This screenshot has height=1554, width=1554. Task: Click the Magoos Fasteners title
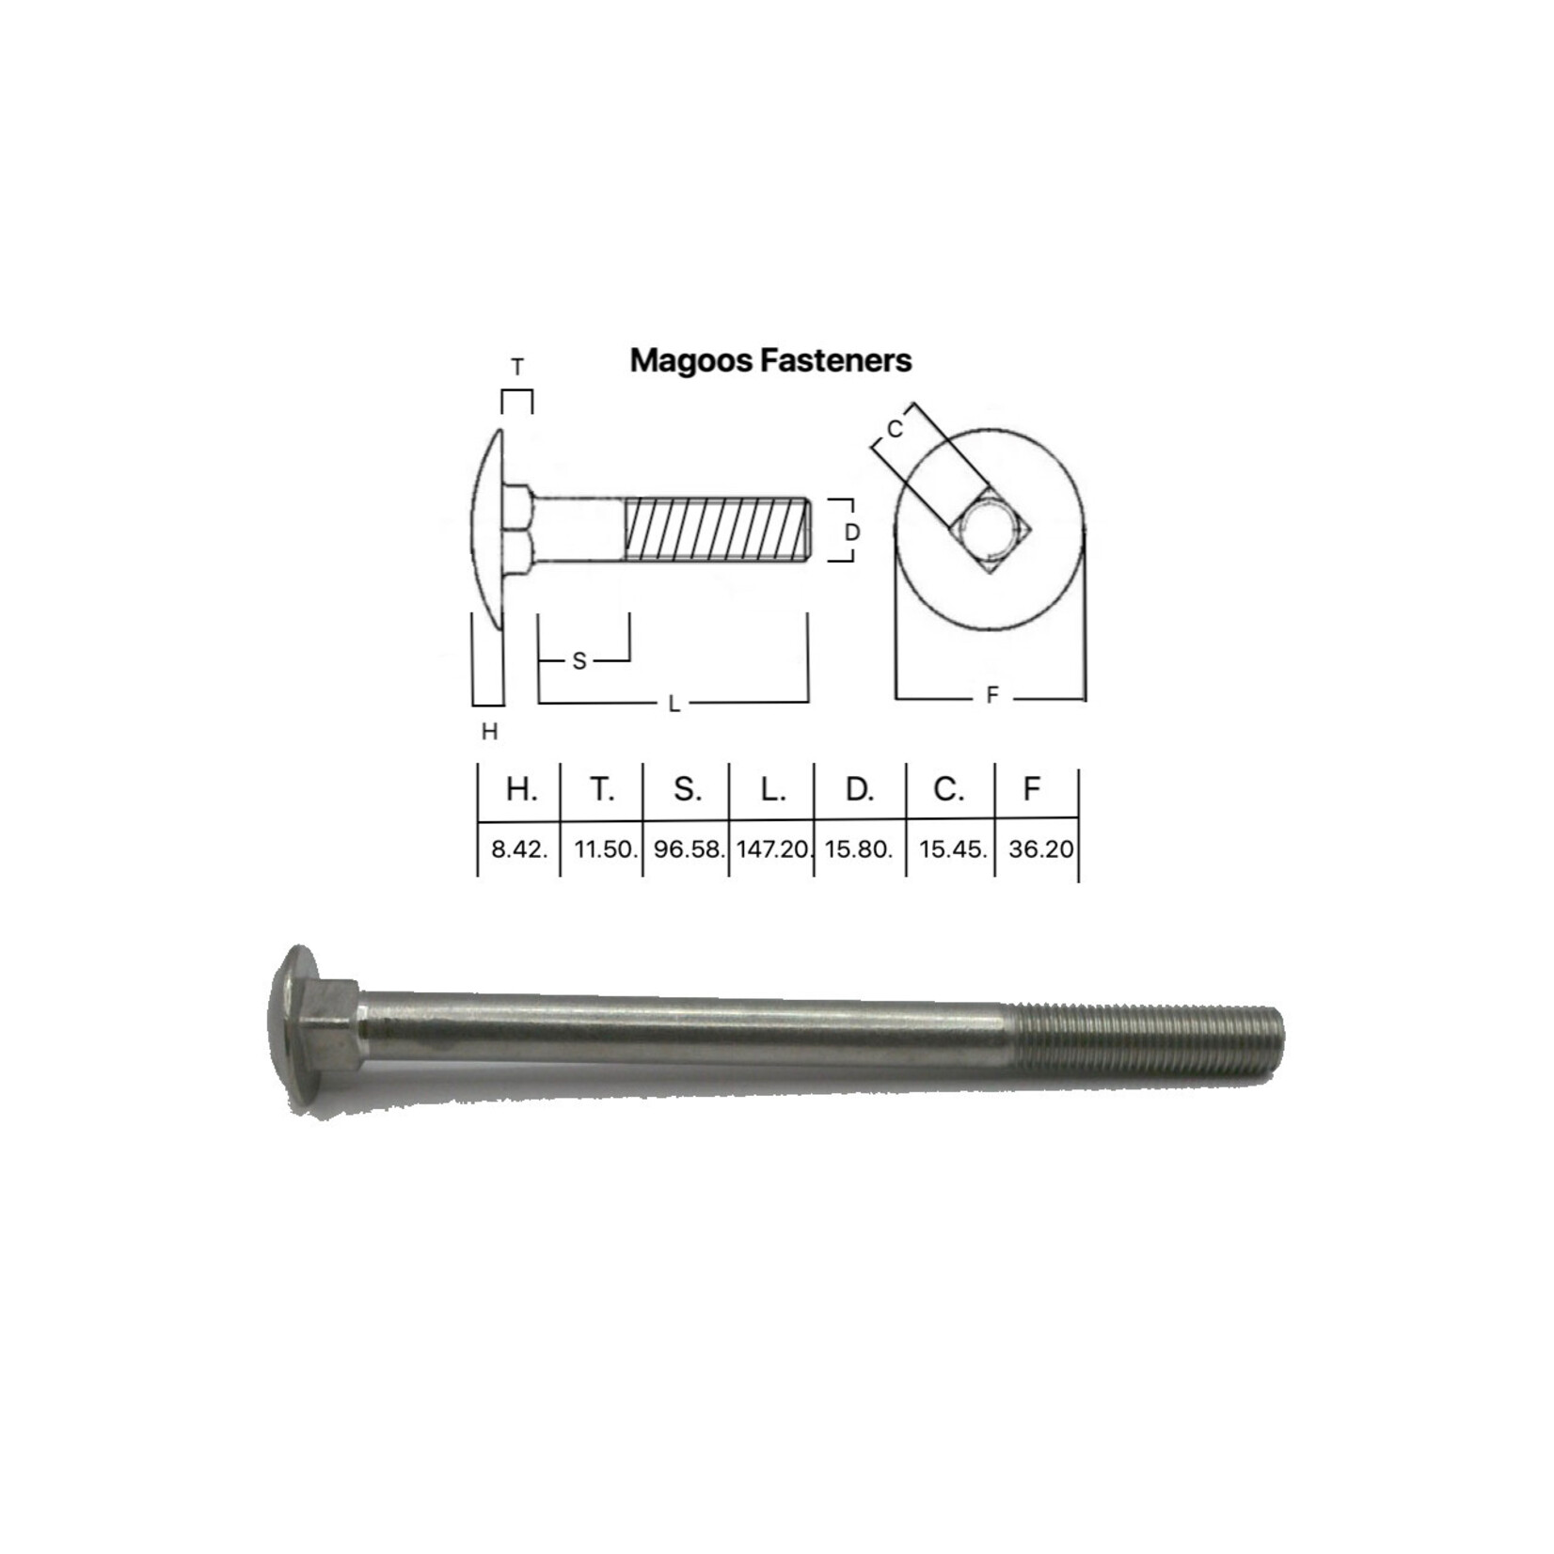tap(770, 361)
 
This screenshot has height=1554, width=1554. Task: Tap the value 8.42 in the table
tap(518, 849)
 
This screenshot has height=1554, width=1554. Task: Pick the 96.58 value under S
tap(689, 849)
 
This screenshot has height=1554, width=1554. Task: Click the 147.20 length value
tap(773, 849)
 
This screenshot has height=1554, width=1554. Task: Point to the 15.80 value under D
tap(858, 849)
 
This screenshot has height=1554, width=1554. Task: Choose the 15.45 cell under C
tap(952, 849)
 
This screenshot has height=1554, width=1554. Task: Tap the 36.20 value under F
tap(1039, 849)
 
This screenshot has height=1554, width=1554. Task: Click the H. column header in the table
tap(521, 790)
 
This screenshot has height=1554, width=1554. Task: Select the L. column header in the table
tap(772, 790)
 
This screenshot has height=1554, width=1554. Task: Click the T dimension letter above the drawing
tap(516, 368)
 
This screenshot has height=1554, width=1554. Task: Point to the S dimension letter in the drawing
tap(579, 662)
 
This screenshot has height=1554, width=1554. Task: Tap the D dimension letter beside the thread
tap(852, 532)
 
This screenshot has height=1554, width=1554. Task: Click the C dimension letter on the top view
tap(895, 429)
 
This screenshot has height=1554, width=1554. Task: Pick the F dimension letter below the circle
tap(991, 696)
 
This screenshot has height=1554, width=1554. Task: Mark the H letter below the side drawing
tap(489, 732)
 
